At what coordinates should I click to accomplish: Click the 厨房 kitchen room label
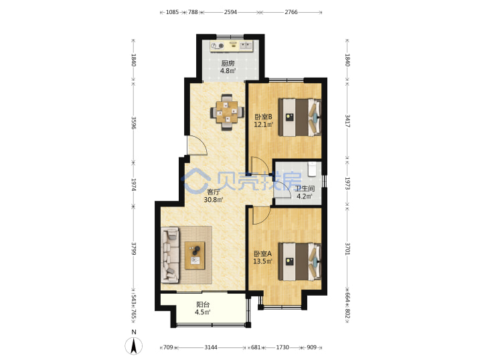point(228,64)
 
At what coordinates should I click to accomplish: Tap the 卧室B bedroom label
point(264,117)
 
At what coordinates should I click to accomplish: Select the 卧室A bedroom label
point(263,254)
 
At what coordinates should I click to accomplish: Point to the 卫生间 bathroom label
point(305,188)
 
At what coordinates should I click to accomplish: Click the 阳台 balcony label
point(203,305)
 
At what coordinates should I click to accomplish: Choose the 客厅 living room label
point(214,192)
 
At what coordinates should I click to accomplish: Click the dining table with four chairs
point(227,112)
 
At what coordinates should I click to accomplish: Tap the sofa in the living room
point(170,255)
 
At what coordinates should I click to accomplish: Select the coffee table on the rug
point(195,255)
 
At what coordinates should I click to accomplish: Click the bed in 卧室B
point(300,117)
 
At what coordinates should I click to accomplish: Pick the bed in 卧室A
point(300,261)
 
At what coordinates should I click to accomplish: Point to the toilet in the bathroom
point(312,169)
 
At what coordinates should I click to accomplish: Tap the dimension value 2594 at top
point(230,12)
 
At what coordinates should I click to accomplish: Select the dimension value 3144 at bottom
point(211,347)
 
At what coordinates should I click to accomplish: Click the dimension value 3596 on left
point(133,123)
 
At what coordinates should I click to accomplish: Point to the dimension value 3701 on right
point(347,249)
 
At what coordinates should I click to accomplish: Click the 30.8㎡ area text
point(214,200)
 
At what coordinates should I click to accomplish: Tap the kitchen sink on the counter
point(246,46)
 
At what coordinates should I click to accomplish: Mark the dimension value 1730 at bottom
point(283,347)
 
